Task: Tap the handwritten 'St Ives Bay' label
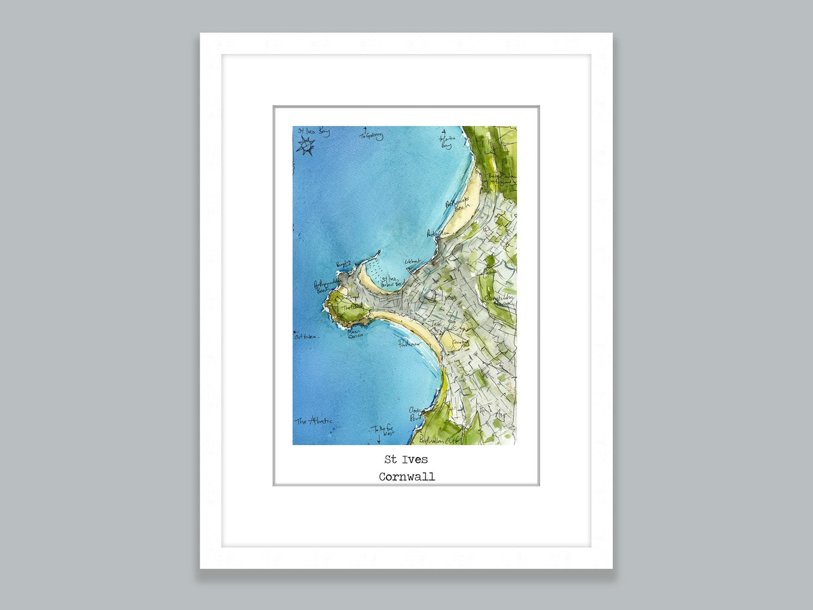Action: (313, 132)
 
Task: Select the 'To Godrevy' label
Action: (371, 136)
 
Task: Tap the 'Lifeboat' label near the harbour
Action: (412, 262)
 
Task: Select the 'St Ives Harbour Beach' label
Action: (392, 282)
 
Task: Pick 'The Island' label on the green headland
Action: (352, 307)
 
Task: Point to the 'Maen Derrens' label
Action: (355, 334)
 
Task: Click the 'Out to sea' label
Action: (306, 337)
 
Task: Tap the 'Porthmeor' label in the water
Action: (410, 344)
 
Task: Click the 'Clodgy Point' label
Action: (416, 415)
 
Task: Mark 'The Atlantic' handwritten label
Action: (314, 421)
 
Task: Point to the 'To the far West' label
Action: (383, 431)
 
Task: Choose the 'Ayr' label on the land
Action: (500, 415)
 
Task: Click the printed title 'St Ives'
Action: (406, 460)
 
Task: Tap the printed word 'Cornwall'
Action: (406, 477)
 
